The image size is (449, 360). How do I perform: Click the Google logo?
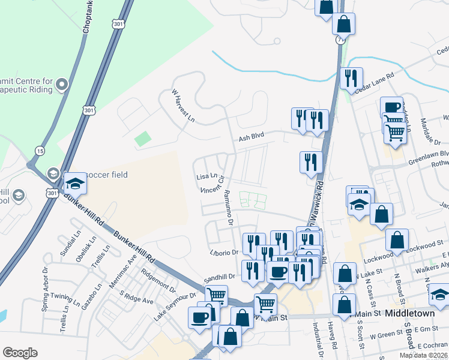[x=20, y=353]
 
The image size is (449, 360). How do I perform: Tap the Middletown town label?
[x=410, y=313]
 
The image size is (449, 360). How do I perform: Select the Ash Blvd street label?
[x=252, y=138]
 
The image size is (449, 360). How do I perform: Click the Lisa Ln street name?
[x=206, y=177]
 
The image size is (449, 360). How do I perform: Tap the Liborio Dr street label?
[x=224, y=253]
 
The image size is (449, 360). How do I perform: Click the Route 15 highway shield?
[x=40, y=150]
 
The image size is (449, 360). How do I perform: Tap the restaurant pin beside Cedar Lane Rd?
[x=351, y=78]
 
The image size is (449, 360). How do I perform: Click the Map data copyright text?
[x=424, y=355]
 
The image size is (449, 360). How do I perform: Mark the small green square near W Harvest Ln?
[x=143, y=139]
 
